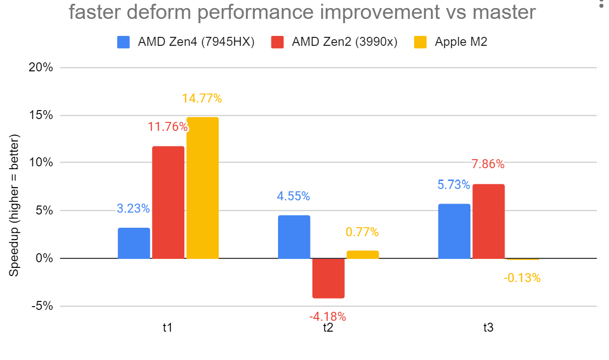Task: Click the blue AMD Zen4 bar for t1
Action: [x=134, y=243]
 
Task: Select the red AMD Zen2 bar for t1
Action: [x=168, y=203]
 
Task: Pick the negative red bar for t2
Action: [x=328, y=278]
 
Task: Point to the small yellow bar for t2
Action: [x=363, y=255]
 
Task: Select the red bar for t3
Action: [x=488, y=222]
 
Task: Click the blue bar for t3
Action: [x=454, y=231]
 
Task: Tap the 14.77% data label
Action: [x=202, y=99]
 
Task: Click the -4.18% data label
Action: [x=328, y=316]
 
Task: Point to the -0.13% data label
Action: [x=522, y=278]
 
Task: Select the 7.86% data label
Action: [x=488, y=164]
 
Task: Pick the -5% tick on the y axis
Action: [x=43, y=306]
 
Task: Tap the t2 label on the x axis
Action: [x=328, y=327]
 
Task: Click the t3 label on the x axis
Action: [x=488, y=327]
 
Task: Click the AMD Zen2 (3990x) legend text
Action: [x=345, y=42]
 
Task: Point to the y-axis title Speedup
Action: [x=15, y=206]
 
